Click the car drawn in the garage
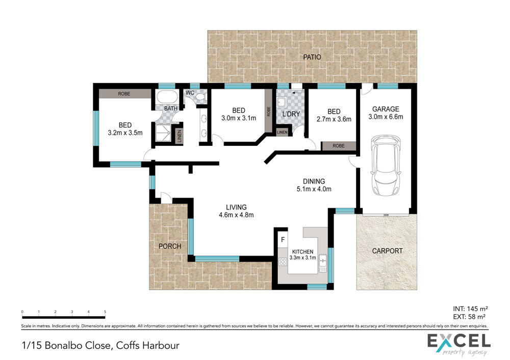point(386,166)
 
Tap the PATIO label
point(312,57)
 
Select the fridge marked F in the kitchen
point(283,240)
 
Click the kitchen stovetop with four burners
point(283,261)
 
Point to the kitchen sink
point(323,263)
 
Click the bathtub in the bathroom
point(167,96)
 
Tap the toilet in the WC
point(200,97)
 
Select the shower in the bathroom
point(163,133)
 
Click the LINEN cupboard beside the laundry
point(282,132)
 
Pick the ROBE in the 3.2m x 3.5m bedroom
point(125,94)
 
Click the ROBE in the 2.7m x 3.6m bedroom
point(339,146)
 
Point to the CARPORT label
point(387,251)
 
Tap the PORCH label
point(170,246)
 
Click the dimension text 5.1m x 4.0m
point(314,189)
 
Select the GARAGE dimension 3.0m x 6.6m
point(386,117)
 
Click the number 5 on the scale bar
point(105,312)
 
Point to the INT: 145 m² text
point(470,308)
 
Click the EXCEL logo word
point(458,341)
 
